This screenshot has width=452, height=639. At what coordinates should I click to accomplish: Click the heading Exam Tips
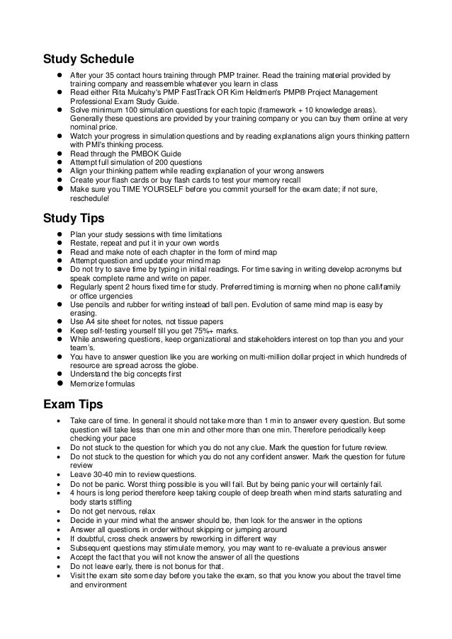pyautogui.click(x=74, y=405)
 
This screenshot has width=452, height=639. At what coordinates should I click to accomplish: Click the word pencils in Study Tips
pyautogui.click(x=94, y=304)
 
